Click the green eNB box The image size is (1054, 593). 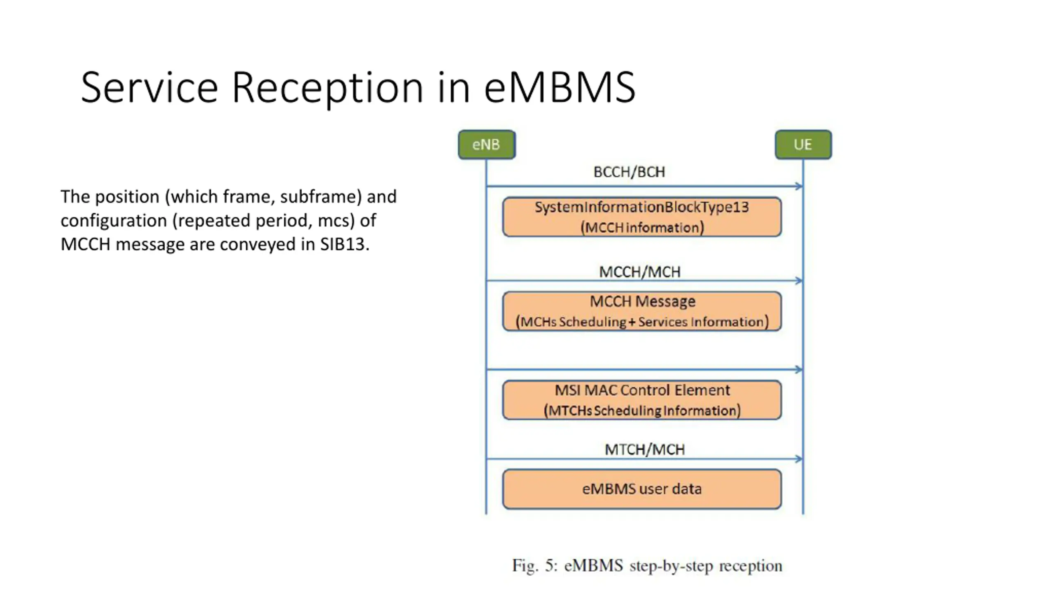coord(486,145)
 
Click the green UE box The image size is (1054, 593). coord(803,145)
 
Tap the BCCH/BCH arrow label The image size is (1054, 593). coord(629,172)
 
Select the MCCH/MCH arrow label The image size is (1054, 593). coord(639,272)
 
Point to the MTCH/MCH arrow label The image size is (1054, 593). coord(644,449)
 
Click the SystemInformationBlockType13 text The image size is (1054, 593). coord(641,207)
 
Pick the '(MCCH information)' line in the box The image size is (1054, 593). coord(642,228)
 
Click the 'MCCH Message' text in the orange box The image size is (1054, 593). coord(642,301)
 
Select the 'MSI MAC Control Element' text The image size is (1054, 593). coord(642,390)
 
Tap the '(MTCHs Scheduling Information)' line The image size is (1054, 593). coord(642,411)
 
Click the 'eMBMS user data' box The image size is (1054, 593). coord(642,489)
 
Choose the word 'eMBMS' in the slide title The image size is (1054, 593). coord(560,87)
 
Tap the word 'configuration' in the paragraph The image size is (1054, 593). coord(113,221)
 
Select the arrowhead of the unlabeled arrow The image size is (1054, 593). coord(799,369)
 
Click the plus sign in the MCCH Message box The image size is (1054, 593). coord(632,322)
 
